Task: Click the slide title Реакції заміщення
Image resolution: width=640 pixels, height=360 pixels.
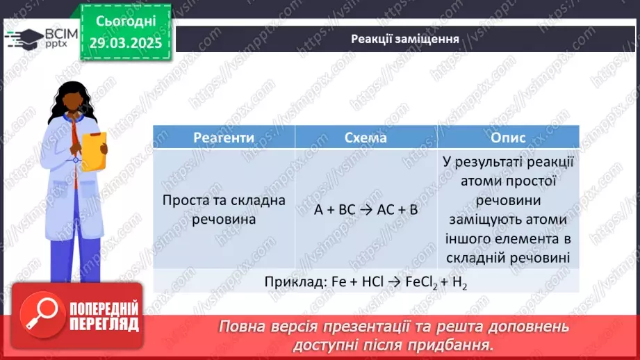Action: [x=405, y=39]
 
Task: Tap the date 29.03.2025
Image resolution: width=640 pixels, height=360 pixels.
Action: [x=126, y=43]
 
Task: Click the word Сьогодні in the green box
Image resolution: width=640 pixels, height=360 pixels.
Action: [x=126, y=22]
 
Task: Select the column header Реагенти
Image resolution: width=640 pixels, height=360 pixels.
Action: [x=224, y=138]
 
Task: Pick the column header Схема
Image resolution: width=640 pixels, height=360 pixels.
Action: [x=366, y=138]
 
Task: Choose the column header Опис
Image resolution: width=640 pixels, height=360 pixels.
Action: [x=508, y=138]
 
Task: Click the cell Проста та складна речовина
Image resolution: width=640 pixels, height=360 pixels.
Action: [x=224, y=210]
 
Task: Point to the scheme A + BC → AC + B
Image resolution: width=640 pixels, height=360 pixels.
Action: [x=366, y=210]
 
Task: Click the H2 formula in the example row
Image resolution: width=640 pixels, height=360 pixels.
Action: [x=459, y=282]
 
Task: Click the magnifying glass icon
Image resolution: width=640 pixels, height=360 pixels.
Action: [x=42, y=315]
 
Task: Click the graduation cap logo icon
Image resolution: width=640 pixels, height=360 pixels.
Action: [x=25, y=38]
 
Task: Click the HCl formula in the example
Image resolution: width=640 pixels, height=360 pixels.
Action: [x=372, y=281]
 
